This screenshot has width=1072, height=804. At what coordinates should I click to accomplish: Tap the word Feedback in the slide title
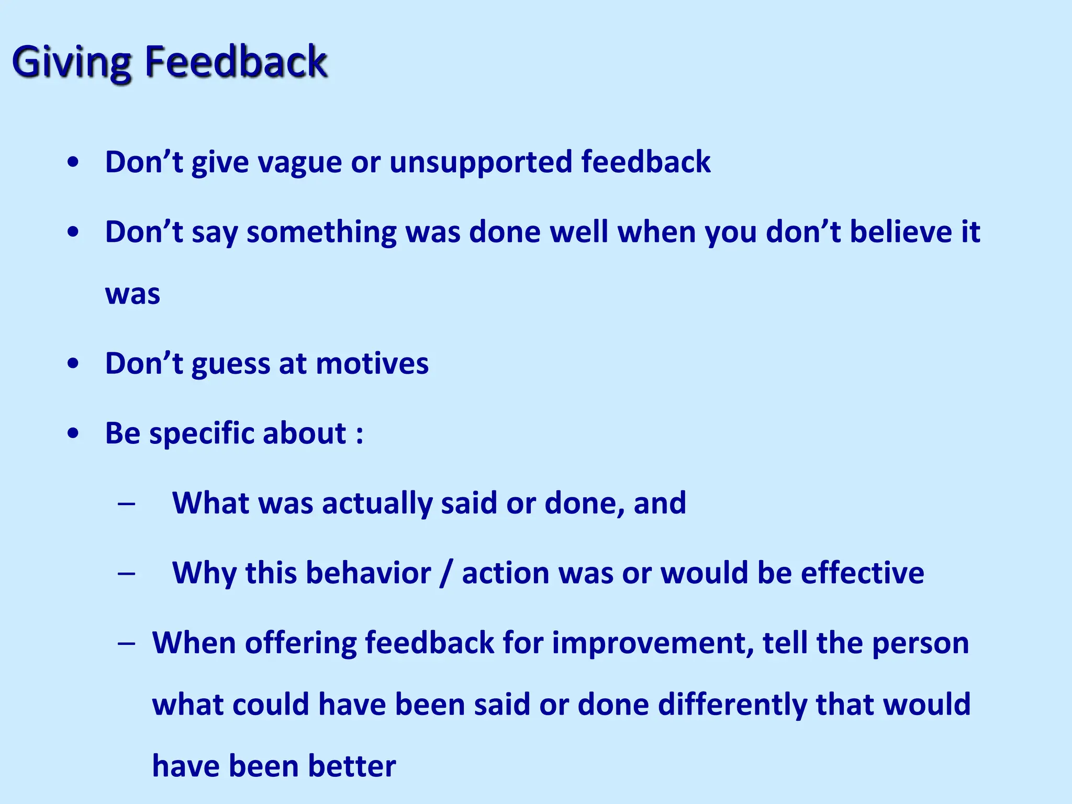point(236,62)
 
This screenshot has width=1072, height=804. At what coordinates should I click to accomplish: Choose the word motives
point(372,363)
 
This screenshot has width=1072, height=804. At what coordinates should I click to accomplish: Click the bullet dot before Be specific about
point(73,433)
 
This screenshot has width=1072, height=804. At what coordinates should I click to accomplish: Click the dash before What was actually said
point(127,504)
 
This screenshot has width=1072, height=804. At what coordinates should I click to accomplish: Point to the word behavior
point(368,573)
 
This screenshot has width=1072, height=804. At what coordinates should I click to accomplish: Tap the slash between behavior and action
point(446,574)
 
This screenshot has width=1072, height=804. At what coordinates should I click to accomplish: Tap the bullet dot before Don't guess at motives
point(73,364)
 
